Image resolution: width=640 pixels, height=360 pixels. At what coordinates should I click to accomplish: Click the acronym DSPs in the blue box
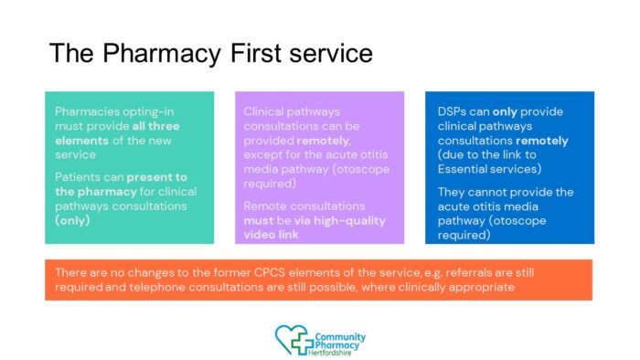click(x=452, y=111)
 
